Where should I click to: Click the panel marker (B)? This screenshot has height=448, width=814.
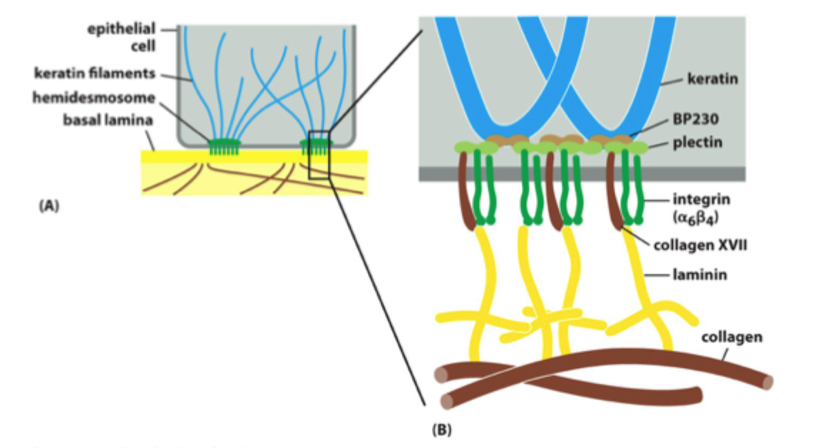(x=442, y=429)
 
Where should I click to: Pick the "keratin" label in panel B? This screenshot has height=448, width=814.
(x=708, y=81)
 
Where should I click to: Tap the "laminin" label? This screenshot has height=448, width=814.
(x=701, y=274)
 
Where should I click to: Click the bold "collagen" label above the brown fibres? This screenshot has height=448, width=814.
(x=733, y=337)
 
